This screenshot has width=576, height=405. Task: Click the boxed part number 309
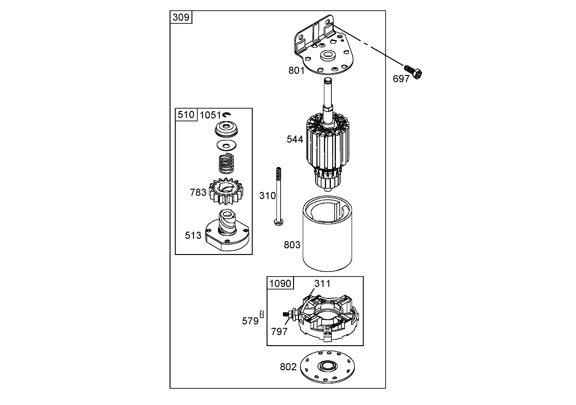(x=181, y=17)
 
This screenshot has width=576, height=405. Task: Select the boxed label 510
(x=186, y=115)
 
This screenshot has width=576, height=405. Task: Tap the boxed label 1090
(x=280, y=283)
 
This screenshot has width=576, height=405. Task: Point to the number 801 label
(x=297, y=71)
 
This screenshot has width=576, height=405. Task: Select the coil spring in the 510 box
(x=226, y=163)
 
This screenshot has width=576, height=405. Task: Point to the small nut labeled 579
(x=261, y=314)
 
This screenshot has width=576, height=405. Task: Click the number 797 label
(x=280, y=331)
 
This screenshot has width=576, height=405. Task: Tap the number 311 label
(x=322, y=283)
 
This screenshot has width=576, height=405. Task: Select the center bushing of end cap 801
(x=328, y=57)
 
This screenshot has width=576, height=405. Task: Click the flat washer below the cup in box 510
(x=225, y=146)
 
